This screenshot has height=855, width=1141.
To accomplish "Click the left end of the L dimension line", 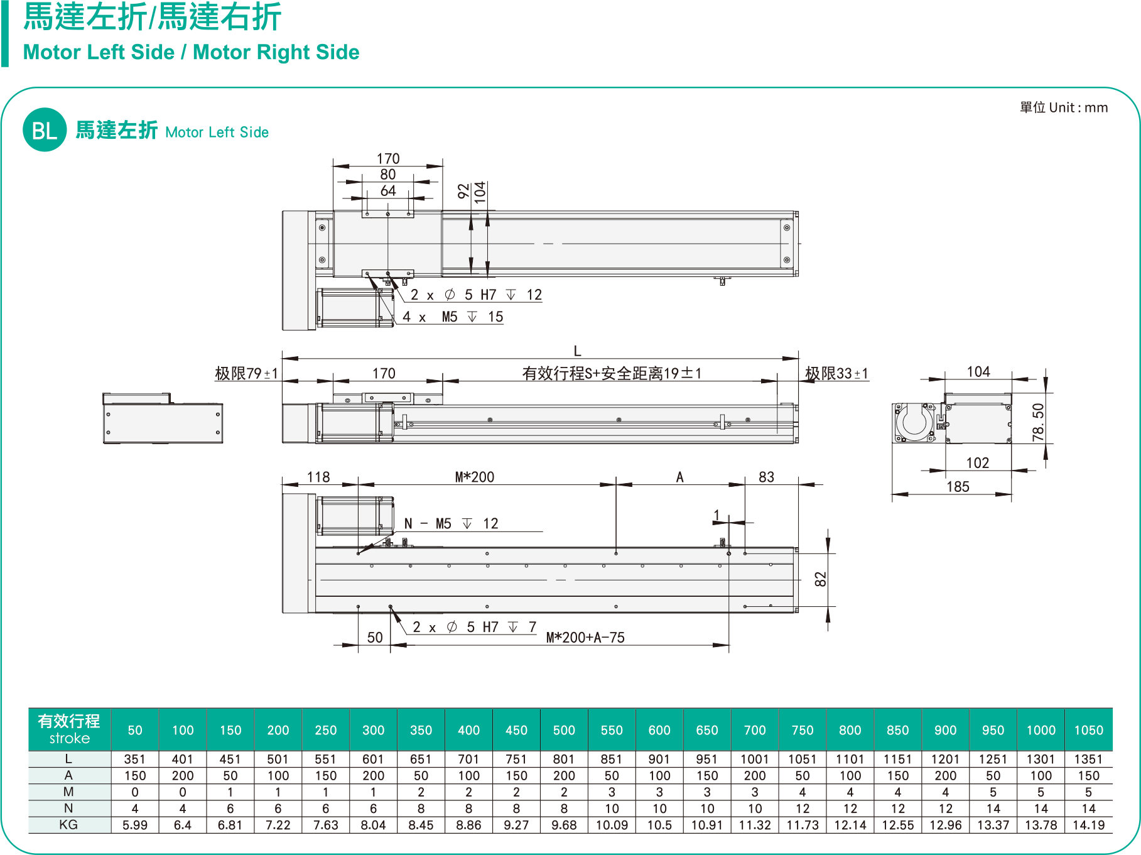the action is [283, 359].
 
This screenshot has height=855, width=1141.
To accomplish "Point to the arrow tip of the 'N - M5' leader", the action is [359, 553].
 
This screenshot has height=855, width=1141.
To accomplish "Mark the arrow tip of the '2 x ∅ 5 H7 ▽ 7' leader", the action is [391, 607].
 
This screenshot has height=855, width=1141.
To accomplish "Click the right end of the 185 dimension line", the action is [1012, 494].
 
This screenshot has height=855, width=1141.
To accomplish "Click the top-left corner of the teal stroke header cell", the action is [29, 709].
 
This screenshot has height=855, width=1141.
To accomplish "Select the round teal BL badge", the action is [45, 130].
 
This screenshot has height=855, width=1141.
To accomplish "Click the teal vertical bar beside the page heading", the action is [5, 33].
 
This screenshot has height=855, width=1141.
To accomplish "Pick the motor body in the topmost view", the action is [355, 308].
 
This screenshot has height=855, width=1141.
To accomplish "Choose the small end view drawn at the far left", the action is [163, 418].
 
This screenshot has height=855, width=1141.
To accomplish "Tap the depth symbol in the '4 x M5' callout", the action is [472, 317].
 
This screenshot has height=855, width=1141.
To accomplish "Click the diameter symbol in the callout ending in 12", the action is [450, 295].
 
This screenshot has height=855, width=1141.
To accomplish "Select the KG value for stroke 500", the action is [564, 825].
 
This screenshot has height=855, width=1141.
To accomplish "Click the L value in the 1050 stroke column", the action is [1088, 760].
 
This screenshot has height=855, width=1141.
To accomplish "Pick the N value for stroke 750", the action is [802, 809].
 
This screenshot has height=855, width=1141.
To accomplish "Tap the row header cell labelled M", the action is [70, 792].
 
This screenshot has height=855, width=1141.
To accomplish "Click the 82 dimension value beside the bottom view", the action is [820, 580].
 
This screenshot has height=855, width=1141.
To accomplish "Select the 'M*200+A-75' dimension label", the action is [585, 638].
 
